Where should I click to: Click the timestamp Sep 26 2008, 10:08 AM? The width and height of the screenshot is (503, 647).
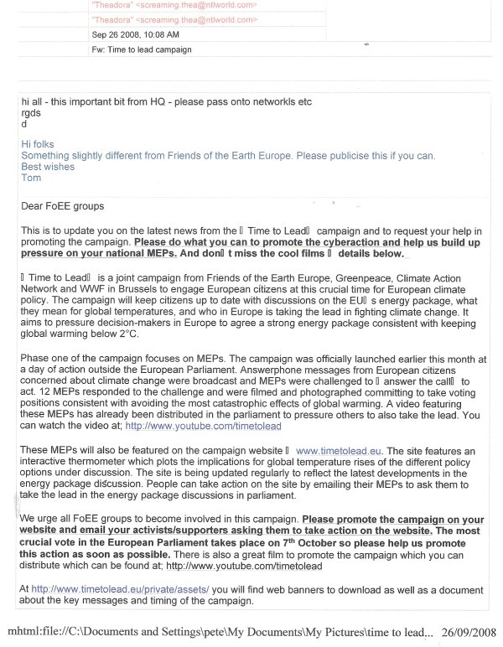click(x=134, y=34)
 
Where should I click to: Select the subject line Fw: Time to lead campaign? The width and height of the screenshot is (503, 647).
click(x=142, y=49)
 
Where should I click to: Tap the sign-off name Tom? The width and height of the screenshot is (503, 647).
click(x=30, y=178)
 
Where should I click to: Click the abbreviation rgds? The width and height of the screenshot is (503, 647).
click(x=31, y=112)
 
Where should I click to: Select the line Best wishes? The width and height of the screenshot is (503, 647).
click(x=48, y=167)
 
